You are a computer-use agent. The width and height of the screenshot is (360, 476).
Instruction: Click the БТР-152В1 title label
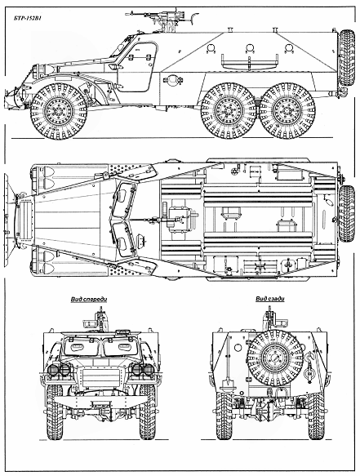[27, 18]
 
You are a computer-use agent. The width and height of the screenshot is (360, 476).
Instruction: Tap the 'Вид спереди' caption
[89, 300]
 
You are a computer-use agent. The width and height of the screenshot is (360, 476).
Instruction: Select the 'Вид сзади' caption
[270, 299]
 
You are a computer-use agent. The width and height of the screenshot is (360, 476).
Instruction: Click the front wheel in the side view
[59, 111]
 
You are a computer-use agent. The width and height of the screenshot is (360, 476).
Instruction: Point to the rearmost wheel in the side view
[287, 111]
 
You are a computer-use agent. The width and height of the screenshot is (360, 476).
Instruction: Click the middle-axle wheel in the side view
[229, 111]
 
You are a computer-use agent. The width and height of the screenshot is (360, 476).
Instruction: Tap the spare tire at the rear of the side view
[346, 58]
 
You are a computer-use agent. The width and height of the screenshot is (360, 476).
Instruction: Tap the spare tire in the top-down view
[347, 213]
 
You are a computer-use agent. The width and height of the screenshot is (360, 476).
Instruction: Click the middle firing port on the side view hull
[250, 48]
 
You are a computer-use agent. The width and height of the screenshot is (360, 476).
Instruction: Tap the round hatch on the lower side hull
[173, 81]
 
